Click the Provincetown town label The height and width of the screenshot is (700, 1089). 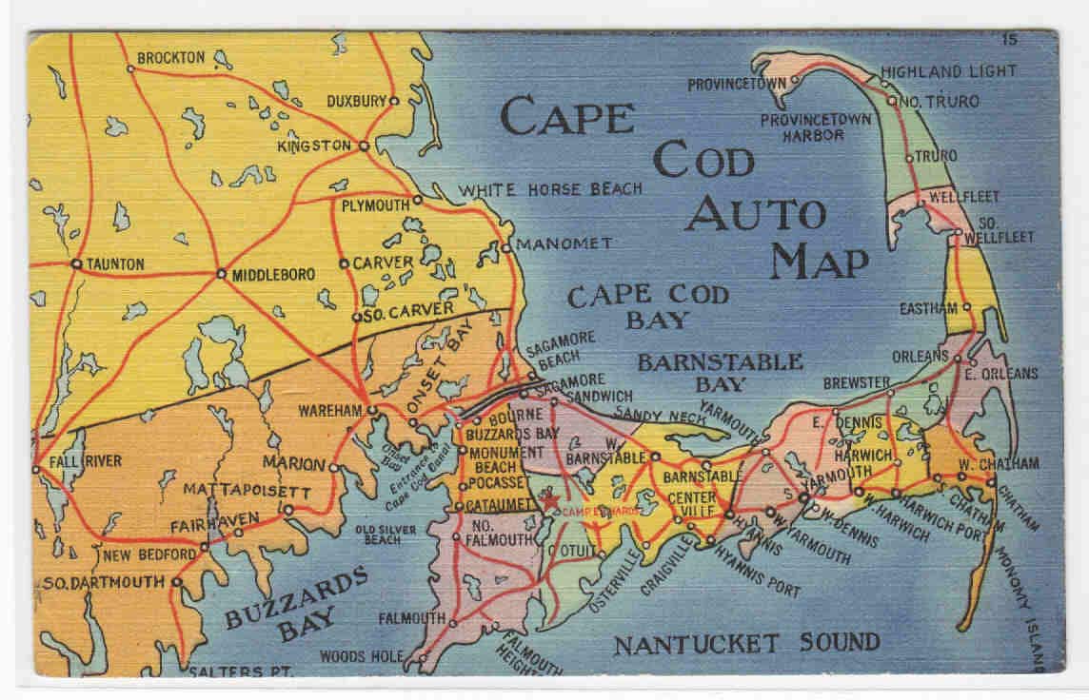[x=737, y=83]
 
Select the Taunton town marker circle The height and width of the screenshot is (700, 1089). [x=75, y=263]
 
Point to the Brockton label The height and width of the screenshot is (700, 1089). [x=170, y=58]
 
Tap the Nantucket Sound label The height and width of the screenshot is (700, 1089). [x=746, y=644]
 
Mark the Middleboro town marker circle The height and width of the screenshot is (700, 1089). [x=221, y=274]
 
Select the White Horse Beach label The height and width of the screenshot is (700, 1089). [x=551, y=189]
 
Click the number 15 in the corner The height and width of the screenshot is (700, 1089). [x=1010, y=39]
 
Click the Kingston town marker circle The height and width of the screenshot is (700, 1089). [x=364, y=146]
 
